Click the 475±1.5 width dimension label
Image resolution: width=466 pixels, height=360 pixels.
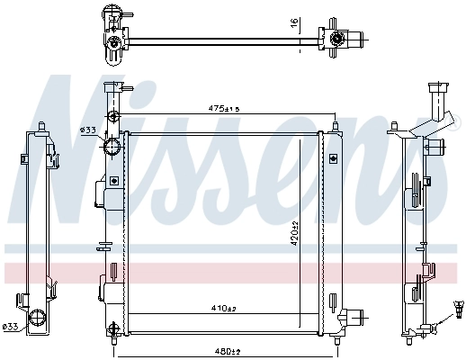tap(223, 110)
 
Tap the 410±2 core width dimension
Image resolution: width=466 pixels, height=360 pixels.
tap(222, 309)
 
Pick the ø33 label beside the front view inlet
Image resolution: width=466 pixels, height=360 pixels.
tap(87, 130)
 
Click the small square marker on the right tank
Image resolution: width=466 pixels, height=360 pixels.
tap(333, 158)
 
